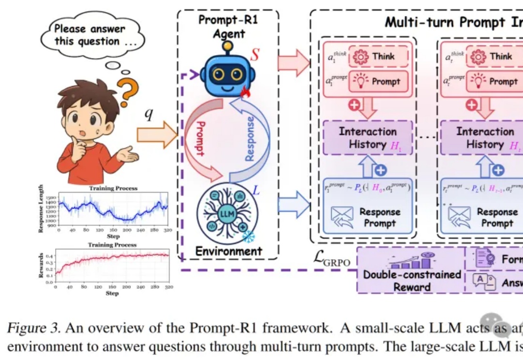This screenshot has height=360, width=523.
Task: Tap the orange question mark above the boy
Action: [x=130, y=87]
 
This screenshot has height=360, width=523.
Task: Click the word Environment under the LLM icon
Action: [x=229, y=251]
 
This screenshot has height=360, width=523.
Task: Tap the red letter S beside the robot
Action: [x=255, y=55]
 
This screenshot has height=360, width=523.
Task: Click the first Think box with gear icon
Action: [x=378, y=57]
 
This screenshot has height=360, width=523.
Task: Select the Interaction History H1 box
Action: [x=368, y=138]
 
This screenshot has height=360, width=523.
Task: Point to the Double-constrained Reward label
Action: [x=412, y=280]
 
